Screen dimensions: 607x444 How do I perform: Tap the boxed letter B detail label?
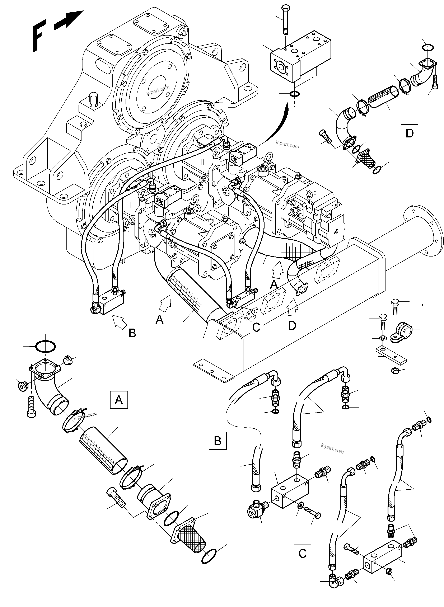point(218,441)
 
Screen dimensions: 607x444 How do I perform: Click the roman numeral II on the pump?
point(202,162)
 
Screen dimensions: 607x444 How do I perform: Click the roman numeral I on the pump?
point(131,205)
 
